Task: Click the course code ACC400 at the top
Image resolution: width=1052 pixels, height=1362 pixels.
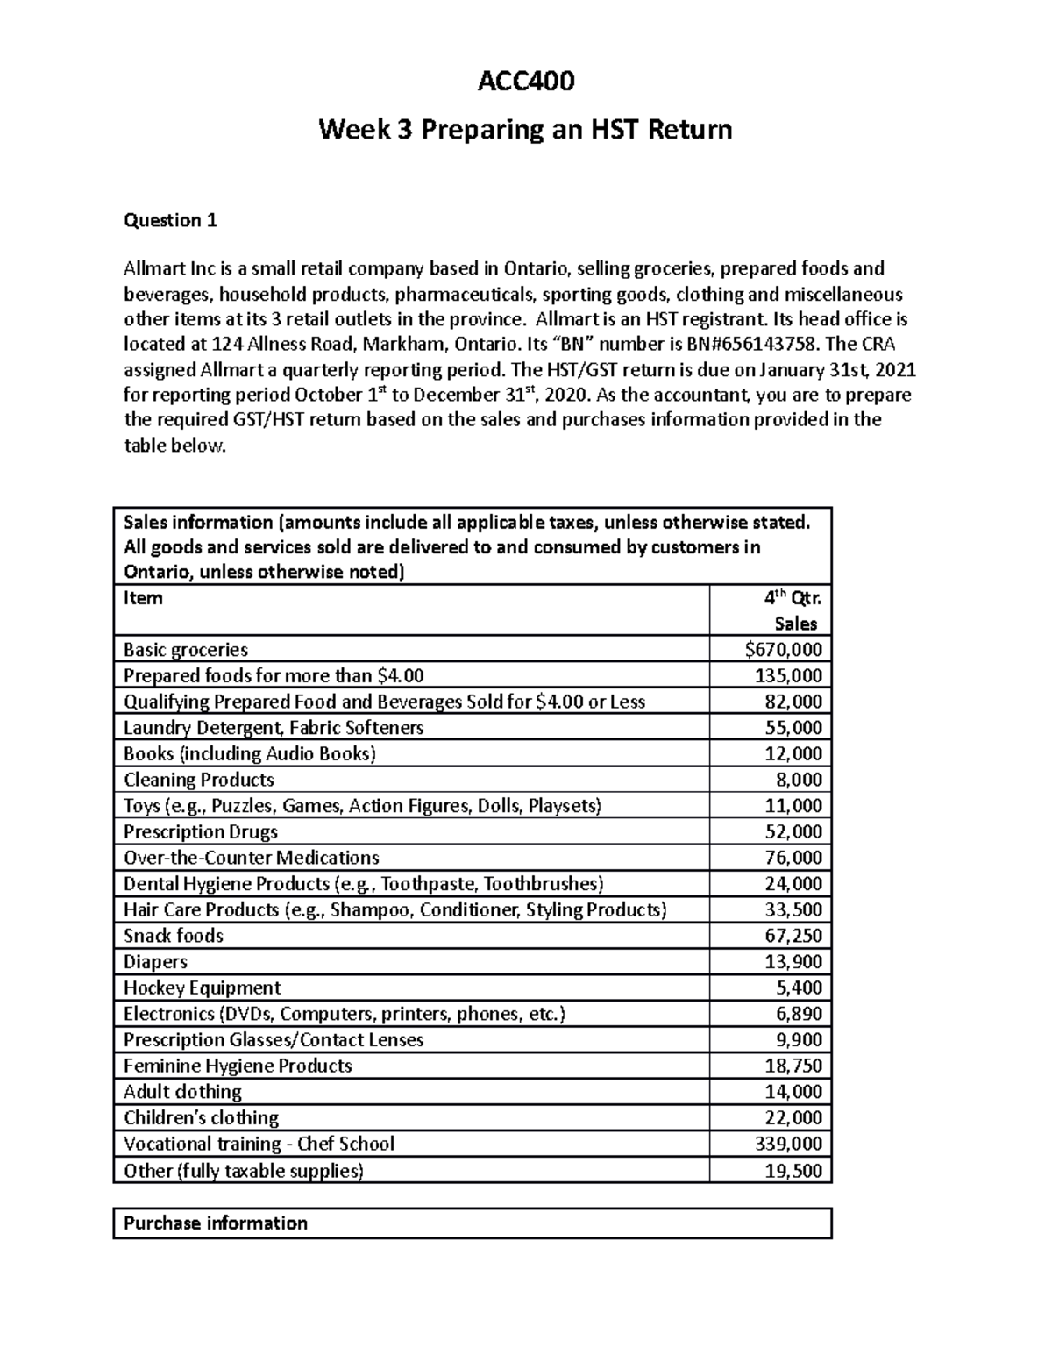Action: point(525,82)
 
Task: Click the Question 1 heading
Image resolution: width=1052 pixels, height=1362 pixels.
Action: point(170,220)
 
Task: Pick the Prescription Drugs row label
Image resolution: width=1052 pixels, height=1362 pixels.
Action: point(201,831)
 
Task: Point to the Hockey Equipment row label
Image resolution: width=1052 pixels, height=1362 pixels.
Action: point(203,988)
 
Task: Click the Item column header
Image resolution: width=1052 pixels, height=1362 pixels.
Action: point(143,598)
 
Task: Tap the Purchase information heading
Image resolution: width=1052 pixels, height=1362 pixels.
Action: point(216,1223)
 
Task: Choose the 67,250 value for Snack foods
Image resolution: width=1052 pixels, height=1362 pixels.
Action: point(793,936)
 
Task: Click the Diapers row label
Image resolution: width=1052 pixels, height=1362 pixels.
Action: point(155,962)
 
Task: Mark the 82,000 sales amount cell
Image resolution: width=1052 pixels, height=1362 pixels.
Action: point(793,702)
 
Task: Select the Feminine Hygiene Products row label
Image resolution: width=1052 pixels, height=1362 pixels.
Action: point(238,1066)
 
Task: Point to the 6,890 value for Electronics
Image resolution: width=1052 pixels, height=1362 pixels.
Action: point(799,1014)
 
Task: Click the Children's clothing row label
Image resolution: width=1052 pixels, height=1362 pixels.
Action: point(201,1118)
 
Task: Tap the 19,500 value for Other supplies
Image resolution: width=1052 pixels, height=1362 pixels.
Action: point(793,1171)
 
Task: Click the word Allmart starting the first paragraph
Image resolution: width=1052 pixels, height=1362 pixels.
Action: point(155,268)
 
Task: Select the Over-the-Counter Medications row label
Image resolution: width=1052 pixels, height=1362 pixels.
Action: point(252,858)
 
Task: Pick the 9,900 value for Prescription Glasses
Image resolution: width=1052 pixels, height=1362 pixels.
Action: point(799,1040)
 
